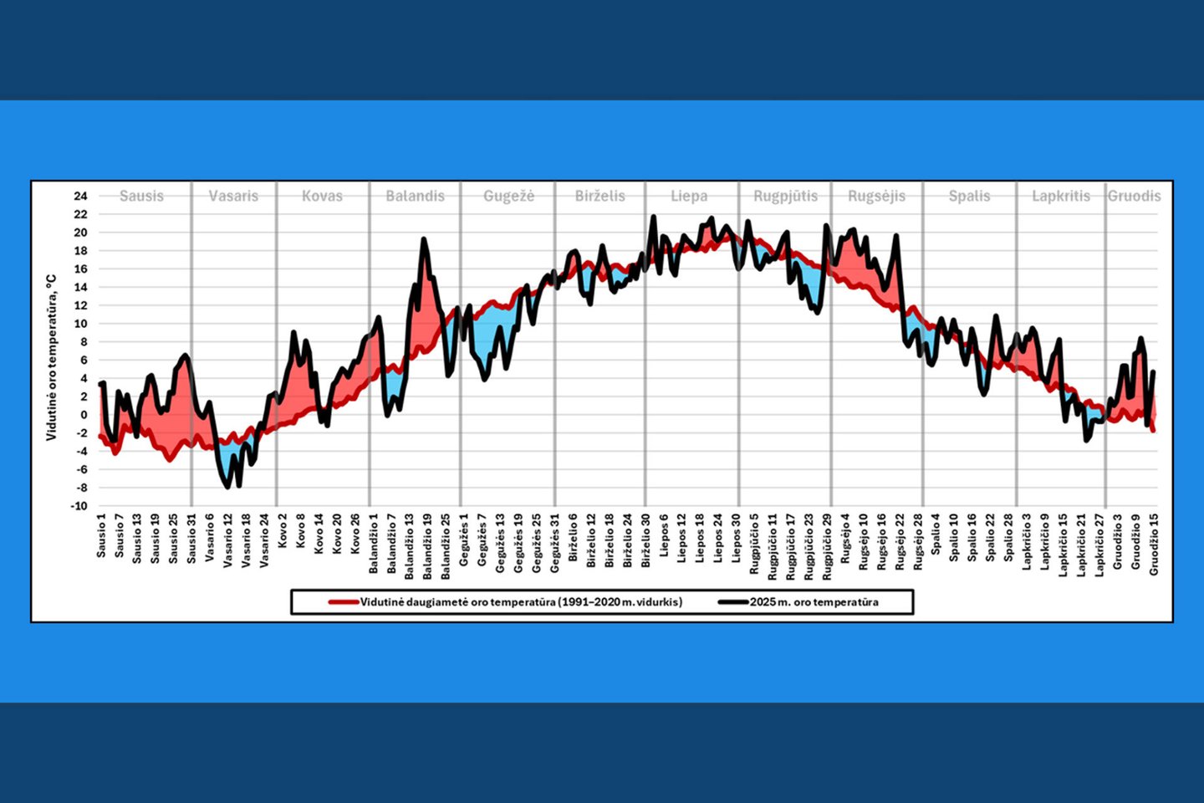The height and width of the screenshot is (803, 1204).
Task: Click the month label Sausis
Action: (141, 196)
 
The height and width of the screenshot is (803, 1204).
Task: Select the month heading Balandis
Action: (415, 196)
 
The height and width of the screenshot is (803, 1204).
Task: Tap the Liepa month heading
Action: (689, 196)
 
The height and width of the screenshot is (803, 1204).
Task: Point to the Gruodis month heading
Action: (1134, 196)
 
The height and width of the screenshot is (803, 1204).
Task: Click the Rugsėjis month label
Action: (876, 196)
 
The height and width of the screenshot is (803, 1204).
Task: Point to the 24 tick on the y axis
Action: (80, 196)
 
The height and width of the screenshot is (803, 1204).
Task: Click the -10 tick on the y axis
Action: (79, 506)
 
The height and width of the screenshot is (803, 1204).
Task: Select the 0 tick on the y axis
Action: (83, 415)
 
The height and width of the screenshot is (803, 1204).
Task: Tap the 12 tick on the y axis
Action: (80, 305)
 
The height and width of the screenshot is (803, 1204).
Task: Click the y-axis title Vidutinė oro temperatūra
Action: (51, 357)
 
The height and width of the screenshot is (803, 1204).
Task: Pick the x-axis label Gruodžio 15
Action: (1154, 544)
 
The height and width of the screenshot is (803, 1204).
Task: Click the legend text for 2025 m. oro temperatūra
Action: (814, 601)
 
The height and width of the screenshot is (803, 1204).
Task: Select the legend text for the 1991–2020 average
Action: (521, 601)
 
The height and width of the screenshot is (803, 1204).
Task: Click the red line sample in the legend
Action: (343, 601)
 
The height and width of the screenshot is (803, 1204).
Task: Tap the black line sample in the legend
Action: (732, 601)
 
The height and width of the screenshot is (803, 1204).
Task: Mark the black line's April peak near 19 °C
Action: (424, 239)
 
